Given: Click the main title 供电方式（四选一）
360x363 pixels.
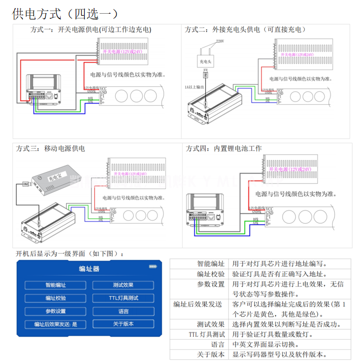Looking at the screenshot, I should pyautogui.click(x=65, y=13).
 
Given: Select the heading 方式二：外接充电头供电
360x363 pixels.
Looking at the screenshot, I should pyautogui.click(x=245, y=30).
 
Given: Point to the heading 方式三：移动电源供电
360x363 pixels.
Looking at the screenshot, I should pyautogui.click(x=51, y=148).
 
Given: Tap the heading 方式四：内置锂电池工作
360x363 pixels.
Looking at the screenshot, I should pyautogui.click(x=224, y=148).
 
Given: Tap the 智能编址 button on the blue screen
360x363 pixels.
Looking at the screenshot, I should pyautogui.click(x=55, y=285).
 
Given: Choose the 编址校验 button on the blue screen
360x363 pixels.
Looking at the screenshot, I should pyautogui.click(x=55, y=298).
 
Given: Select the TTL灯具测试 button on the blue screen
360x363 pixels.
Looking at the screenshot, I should pyautogui.click(x=123, y=298).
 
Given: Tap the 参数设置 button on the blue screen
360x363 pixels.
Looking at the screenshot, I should pyautogui.click(x=55, y=311).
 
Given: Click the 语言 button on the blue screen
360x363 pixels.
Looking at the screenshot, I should pyautogui.click(x=123, y=311).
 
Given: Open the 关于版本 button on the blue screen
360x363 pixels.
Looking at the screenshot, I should pyautogui.click(x=123, y=324).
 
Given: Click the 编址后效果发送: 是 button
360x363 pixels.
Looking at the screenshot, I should pyautogui.click(x=55, y=324).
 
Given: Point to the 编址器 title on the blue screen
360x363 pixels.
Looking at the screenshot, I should pyautogui.click(x=89, y=269).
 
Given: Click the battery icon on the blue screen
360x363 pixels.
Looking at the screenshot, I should pyautogui.click(x=153, y=266).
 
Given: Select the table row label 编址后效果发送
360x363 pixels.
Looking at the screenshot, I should pyautogui.click(x=198, y=304).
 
